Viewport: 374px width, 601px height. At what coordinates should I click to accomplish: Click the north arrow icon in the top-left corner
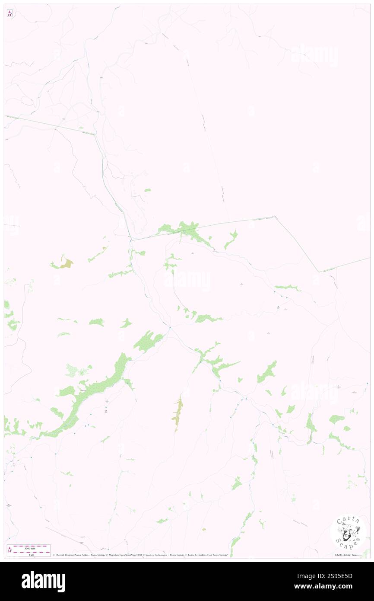[x=10, y=13]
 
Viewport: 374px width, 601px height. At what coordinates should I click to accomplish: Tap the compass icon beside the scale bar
[x=10, y=550]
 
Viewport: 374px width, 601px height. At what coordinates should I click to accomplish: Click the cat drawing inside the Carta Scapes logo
[x=347, y=531]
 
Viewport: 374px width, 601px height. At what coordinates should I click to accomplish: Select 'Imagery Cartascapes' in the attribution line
[x=156, y=555]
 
